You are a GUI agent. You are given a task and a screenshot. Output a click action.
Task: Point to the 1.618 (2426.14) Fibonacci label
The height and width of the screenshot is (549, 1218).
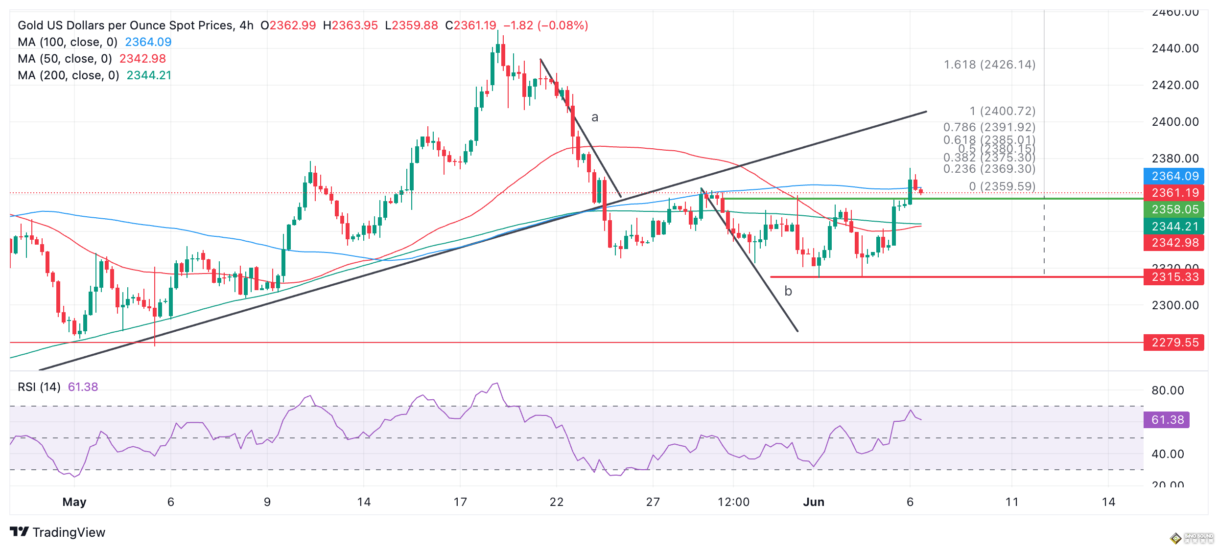click(989, 65)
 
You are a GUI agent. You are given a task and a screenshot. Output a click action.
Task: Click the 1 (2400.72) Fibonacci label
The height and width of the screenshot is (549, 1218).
click(1003, 111)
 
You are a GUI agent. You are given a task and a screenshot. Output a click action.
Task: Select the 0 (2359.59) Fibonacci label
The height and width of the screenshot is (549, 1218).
click(1002, 186)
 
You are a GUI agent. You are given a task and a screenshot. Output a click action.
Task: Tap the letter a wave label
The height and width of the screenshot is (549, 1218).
click(595, 117)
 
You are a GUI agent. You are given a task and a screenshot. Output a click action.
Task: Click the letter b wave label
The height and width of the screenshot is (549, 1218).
click(788, 291)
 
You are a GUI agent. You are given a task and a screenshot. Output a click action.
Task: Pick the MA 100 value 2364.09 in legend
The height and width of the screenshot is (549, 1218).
click(148, 42)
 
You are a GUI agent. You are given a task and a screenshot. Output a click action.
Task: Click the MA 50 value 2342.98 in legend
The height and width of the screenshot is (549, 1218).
click(142, 59)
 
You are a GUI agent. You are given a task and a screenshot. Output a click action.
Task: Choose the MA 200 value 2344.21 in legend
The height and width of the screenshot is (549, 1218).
click(149, 75)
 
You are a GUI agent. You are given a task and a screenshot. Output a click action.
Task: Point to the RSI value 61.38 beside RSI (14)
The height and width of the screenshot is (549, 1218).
click(83, 387)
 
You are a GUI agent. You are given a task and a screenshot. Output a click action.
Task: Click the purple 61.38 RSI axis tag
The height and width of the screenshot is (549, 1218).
click(1167, 420)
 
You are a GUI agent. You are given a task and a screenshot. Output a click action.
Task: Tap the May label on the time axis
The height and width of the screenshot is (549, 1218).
click(74, 502)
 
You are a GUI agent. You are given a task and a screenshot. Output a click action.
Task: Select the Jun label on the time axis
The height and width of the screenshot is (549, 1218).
click(814, 502)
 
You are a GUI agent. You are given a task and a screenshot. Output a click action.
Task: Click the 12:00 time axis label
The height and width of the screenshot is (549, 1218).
click(733, 502)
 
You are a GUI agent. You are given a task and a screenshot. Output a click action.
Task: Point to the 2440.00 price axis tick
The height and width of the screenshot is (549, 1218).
click(1175, 48)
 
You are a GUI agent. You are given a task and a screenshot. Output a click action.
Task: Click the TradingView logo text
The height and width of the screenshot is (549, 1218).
click(69, 532)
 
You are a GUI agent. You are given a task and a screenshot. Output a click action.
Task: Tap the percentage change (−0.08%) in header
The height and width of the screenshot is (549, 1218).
click(563, 25)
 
